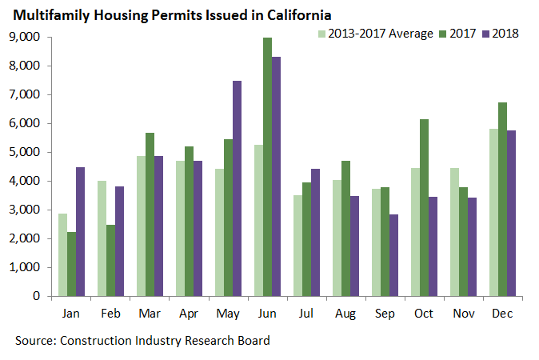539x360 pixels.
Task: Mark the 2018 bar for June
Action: coord(276,176)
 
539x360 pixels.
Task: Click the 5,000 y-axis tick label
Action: coord(26,152)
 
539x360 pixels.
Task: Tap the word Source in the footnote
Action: coord(34,341)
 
